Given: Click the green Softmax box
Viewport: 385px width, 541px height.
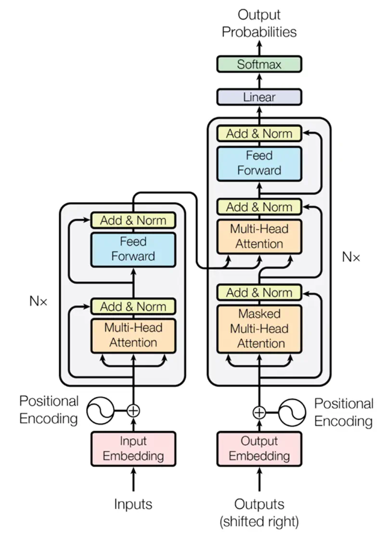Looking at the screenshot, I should click(x=259, y=65).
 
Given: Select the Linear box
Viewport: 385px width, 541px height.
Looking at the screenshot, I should click(x=259, y=97).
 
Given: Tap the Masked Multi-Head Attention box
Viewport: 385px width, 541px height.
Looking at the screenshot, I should click(x=259, y=329).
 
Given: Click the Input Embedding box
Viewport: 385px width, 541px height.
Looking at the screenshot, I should click(x=133, y=449).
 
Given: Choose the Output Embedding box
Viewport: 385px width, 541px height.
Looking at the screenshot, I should click(x=259, y=449).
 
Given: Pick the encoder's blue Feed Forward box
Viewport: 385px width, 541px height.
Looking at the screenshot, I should click(x=133, y=249).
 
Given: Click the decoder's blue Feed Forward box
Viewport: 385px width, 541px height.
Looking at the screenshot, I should click(x=259, y=163).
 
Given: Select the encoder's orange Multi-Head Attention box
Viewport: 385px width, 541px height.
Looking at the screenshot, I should click(x=133, y=335).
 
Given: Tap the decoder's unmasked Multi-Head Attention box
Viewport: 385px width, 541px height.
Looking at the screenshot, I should click(x=259, y=236).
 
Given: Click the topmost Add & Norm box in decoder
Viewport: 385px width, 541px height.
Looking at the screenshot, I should click(x=259, y=133).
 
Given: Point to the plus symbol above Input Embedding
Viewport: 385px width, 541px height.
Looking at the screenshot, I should click(x=133, y=410).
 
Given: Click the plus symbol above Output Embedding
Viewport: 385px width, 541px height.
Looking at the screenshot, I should click(x=259, y=412).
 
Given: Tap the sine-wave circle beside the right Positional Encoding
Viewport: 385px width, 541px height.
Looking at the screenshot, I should click(x=293, y=412).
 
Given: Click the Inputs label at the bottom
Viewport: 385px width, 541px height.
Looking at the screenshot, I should click(x=133, y=504).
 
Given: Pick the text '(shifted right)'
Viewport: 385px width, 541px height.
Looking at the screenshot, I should click(x=259, y=521).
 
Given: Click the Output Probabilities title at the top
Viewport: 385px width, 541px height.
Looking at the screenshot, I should click(x=259, y=23).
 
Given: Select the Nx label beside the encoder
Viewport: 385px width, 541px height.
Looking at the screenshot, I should click(x=38, y=302).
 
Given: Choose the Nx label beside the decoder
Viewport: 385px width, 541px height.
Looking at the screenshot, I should click(x=351, y=257).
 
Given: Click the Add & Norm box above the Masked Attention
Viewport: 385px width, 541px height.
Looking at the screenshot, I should click(x=259, y=292).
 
